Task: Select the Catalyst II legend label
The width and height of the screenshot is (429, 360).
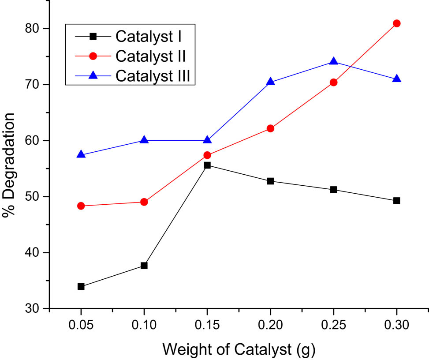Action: point(150,56)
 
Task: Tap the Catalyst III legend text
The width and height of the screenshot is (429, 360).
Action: point(153,75)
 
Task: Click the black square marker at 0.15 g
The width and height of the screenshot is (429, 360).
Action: point(207,165)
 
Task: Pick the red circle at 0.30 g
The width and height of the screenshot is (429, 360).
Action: point(396,23)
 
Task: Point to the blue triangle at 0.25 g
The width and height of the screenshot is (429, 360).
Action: point(333,61)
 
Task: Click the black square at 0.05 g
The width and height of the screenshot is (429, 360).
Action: point(81,286)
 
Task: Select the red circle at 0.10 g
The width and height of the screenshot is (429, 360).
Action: point(144,202)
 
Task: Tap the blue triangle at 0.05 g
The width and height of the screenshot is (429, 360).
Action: point(81,154)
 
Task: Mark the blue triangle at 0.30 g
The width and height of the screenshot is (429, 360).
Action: point(396,79)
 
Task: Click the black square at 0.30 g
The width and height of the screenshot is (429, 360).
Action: point(396,200)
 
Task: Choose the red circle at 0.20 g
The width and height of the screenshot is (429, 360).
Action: point(270,128)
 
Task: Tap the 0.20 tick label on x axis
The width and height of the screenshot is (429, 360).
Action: point(270,326)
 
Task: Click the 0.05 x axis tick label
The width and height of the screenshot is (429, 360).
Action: point(81,326)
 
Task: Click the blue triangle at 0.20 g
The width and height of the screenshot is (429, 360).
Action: point(270,82)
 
